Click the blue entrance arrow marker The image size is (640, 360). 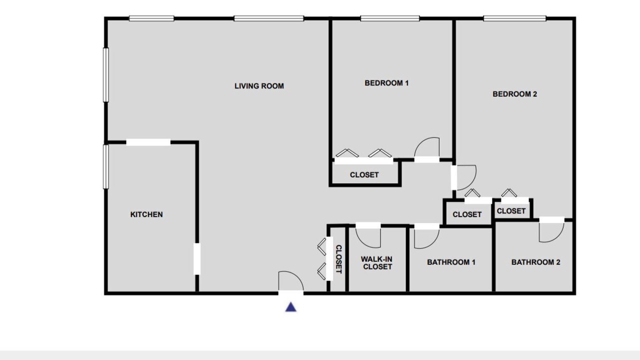point(291,307)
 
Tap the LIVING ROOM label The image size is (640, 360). point(259,86)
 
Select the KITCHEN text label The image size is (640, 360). point(146,214)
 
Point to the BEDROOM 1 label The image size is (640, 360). point(386,83)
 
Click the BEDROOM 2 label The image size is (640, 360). point(515,94)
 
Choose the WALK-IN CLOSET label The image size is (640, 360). point(377,263)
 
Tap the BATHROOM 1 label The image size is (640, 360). point(451,262)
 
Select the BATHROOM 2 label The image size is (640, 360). point(535,262)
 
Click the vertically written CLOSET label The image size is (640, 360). point(338,259)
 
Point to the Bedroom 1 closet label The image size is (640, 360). point(364,175)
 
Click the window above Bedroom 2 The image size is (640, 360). point(515,18)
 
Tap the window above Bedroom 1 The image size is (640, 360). point(390,18)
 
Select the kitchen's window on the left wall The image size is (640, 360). point(105,166)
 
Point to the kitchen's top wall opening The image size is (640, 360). point(148,142)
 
